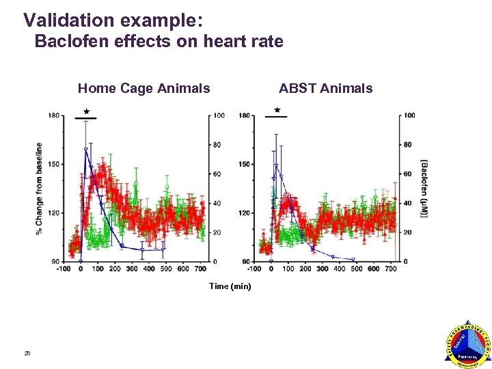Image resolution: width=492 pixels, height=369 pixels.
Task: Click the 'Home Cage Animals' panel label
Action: pos(143,88)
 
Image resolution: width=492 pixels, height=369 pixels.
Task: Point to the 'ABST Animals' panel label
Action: pos(325,88)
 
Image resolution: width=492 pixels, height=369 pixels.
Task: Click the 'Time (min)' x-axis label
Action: pos(230,286)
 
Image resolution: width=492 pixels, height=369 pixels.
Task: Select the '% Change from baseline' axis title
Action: pos(39,188)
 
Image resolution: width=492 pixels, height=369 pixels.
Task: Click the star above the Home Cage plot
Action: pos(86,111)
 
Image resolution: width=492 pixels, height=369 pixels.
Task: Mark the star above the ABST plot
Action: pos(277,110)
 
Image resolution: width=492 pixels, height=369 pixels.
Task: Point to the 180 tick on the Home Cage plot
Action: pos(54,115)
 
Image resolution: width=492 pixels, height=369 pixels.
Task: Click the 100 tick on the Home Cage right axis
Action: pos(219,115)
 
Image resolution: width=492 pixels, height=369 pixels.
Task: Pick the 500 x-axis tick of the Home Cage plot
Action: pos(165,269)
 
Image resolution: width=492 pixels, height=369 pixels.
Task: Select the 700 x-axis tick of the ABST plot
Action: pos(389,269)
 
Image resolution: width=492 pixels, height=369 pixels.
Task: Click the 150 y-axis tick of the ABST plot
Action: pos(244,164)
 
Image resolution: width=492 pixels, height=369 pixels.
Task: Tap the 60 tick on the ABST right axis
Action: pos(407,174)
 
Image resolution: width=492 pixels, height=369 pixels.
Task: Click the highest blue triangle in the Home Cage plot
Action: pos(85,150)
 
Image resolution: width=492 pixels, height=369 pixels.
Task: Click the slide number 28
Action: pos(27,353)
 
